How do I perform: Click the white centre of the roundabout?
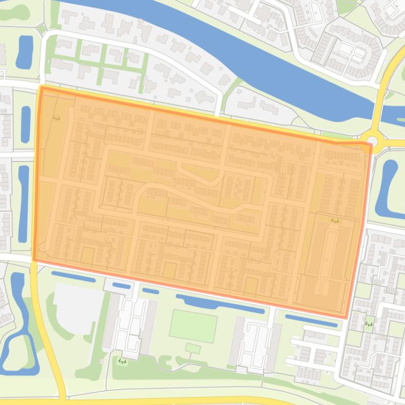click(372, 140)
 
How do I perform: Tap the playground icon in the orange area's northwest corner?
click(56, 118)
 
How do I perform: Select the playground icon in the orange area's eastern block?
click(335, 220)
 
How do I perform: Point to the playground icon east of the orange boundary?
click(369, 323)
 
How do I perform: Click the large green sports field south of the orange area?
click(193, 326)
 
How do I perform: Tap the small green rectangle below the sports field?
click(193, 348)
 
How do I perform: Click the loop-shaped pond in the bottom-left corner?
click(18, 337)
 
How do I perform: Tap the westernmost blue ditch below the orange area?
click(73, 277)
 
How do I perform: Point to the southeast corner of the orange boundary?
click(346, 318)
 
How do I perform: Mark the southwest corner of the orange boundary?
click(35, 259)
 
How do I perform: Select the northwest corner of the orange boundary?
click(41, 87)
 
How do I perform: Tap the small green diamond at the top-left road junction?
click(42, 27)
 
